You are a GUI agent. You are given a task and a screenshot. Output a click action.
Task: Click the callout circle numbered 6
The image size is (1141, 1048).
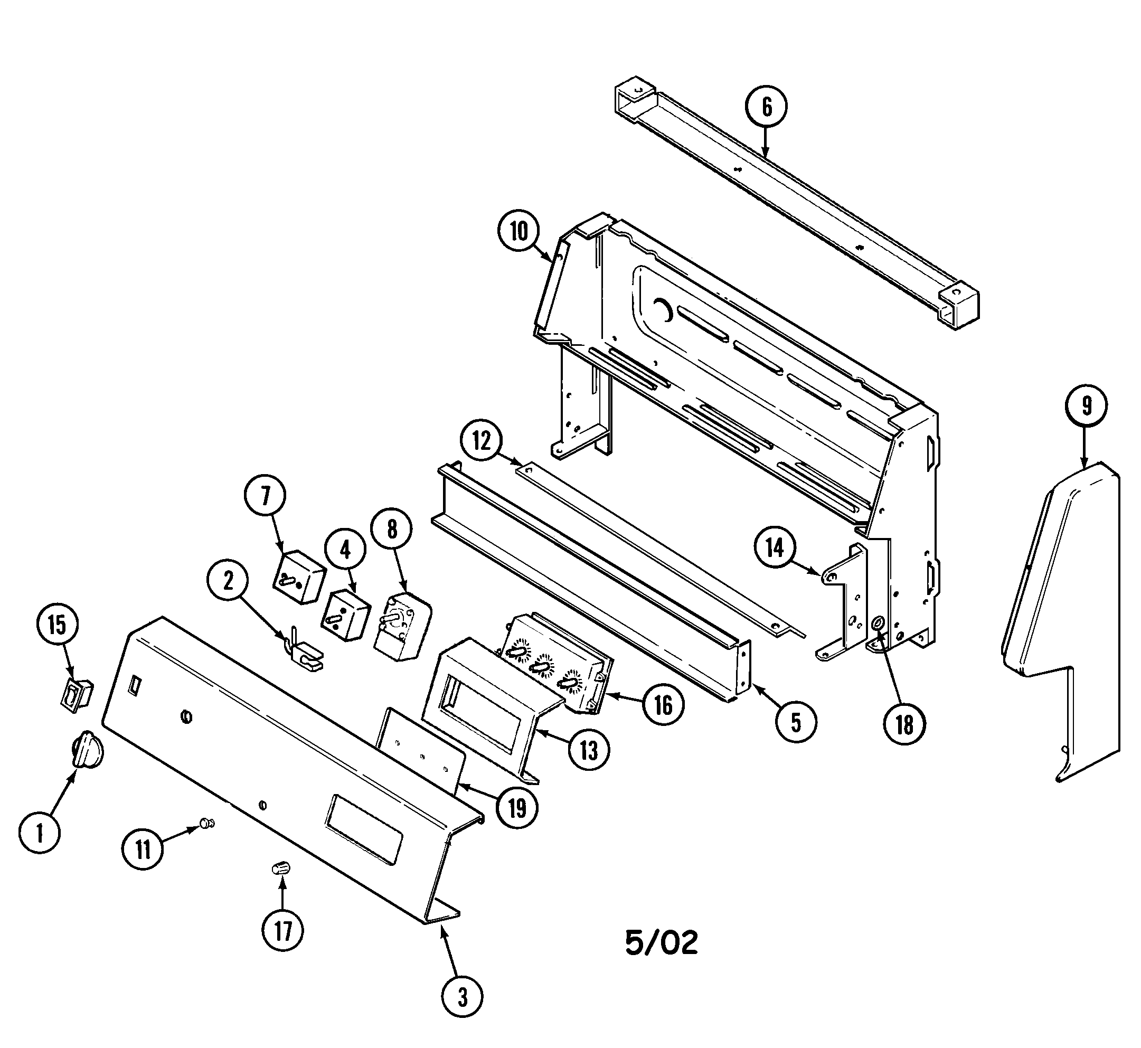click(766, 107)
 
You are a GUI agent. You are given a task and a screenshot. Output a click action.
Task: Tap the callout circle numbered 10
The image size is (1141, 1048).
click(519, 231)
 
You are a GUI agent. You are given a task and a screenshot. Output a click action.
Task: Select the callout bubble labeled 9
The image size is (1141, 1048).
click(1086, 405)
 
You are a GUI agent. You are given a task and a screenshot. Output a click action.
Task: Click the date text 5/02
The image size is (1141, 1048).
click(661, 943)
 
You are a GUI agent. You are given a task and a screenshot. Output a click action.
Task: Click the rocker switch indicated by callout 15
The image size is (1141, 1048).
click(77, 695)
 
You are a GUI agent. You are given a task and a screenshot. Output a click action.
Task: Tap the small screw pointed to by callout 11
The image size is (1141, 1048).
click(206, 824)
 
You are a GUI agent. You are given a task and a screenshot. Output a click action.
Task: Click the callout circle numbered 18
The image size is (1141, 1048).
click(904, 724)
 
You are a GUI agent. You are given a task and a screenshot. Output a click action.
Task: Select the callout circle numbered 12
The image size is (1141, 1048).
click(482, 441)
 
